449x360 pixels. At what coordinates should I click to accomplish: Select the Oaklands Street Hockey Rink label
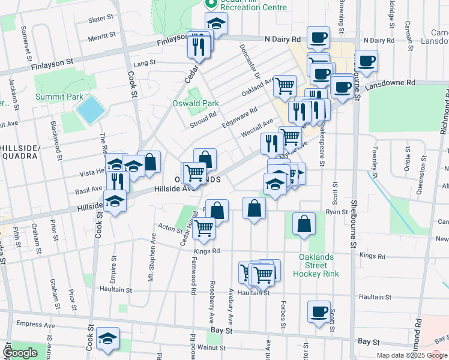[x=316, y=265]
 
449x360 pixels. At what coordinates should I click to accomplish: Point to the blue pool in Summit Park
[x=91, y=110]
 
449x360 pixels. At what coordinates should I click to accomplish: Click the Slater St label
[x=101, y=19]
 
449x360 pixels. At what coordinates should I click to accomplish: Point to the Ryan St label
[x=337, y=212]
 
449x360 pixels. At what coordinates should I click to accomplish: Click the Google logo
[x=20, y=353]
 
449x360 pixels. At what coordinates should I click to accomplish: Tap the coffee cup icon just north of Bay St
[x=319, y=312]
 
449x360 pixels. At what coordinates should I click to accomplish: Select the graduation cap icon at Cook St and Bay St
[x=108, y=338]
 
